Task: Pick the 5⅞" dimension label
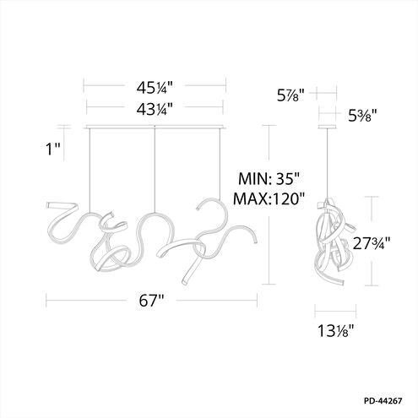290,94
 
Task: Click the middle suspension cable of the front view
155,169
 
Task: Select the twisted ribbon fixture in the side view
330,245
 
